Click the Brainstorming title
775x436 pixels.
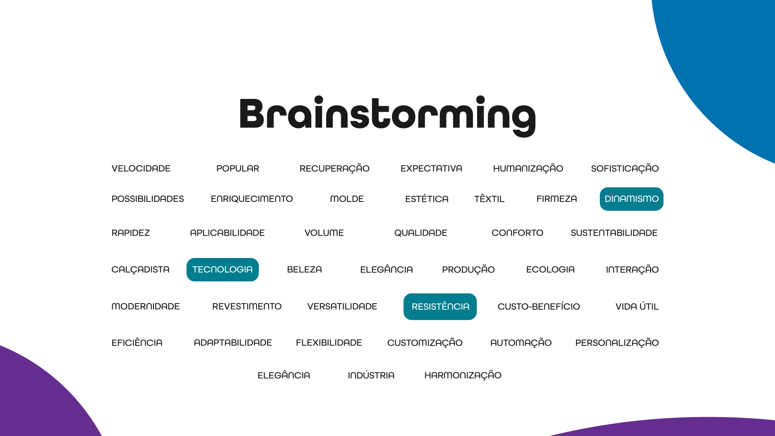pyautogui.click(x=387, y=116)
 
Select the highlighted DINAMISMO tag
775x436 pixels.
pyautogui.click(x=631, y=199)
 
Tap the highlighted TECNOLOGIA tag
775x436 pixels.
pyautogui.click(x=222, y=270)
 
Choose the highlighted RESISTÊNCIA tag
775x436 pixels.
pyautogui.click(x=440, y=307)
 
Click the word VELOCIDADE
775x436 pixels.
pyautogui.click(x=141, y=169)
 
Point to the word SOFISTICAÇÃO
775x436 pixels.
pyautogui.click(x=624, y=169)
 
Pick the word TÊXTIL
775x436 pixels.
pyautogui.click(x=489, y=199)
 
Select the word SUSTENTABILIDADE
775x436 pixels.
pyautogui.click(x=614, y=233)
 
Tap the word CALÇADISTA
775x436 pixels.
pyautogui.click(x=140, y=270)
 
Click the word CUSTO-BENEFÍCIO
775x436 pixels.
pyautogui.click(x=538, y=307)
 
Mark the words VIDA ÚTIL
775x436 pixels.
pyautogui.click(x=637, y=307)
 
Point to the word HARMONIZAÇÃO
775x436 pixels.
pyautogui.click(x=463, y=375)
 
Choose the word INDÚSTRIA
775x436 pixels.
pyautogui.click(x=371, y=375)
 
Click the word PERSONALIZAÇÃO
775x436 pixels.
pyautogui.click(x=617, y=343)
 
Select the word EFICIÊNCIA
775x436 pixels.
pyautogui.click(x=137, y=343)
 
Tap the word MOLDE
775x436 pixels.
pyautogui.click(x=347, y=199)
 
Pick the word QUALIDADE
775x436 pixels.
pyautogui.click(x=421, y=233)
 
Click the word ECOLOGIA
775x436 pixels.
pyautogui.click(x=550, y=270)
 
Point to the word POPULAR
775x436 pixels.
pyautogui.click(x=238, y=169)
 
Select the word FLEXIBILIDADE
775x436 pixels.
pyautogui.click(x=329, y=343)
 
